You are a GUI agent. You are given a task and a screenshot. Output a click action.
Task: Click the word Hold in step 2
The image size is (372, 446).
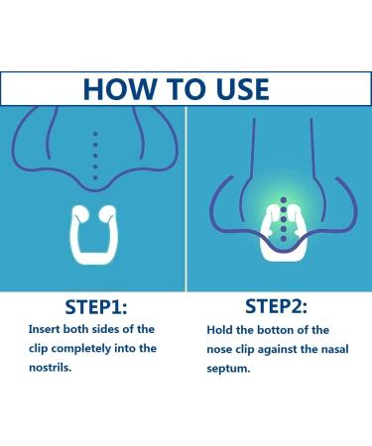tap(222, 329)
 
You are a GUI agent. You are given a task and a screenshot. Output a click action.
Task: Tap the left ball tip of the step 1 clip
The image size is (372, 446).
tap(80, 212)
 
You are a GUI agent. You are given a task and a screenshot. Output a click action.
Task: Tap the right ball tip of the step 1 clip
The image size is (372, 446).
tap(108, 212)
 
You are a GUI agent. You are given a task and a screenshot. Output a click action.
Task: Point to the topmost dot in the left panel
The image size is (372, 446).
tap(95, 133)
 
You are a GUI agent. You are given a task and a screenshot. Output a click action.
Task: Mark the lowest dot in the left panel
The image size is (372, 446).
tap(95, 178)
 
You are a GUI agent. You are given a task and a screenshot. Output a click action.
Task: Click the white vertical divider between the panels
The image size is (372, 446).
tap(186, 198)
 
